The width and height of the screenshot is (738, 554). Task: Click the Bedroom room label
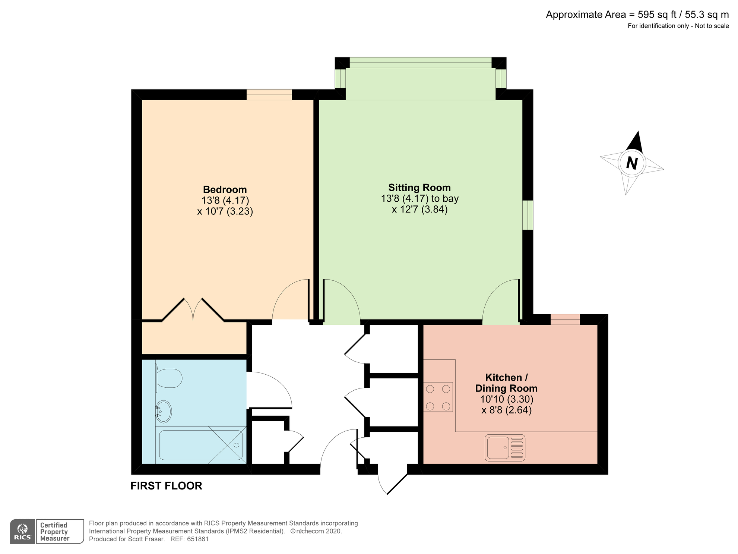tap(225, 189)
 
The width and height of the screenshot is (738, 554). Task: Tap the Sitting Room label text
tap(419, 188)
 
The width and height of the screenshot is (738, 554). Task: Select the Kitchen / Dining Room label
tap(506, 383)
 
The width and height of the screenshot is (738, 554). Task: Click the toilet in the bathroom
tap(169, 378)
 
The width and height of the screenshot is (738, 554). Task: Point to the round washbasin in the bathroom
tap(164, 411)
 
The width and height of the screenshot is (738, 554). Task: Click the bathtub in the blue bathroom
tap(201, 445)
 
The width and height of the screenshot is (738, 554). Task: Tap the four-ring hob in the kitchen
tap(438, 397)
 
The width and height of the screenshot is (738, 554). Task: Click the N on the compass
tap(632, 163)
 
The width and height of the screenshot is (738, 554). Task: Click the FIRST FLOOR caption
tap(166, 486)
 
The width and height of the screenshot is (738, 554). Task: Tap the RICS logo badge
tap(23, 532)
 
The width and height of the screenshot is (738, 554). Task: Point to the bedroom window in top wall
tap(269, 95)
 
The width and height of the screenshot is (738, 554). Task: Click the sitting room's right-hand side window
tap(528, 215)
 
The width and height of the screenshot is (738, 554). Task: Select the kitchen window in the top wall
tap(565, 320)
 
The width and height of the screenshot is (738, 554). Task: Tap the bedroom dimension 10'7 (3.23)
tap(225, 212)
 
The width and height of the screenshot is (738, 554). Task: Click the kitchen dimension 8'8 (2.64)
tap(506, 410)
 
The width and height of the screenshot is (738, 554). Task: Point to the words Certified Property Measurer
tap(55, 532)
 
